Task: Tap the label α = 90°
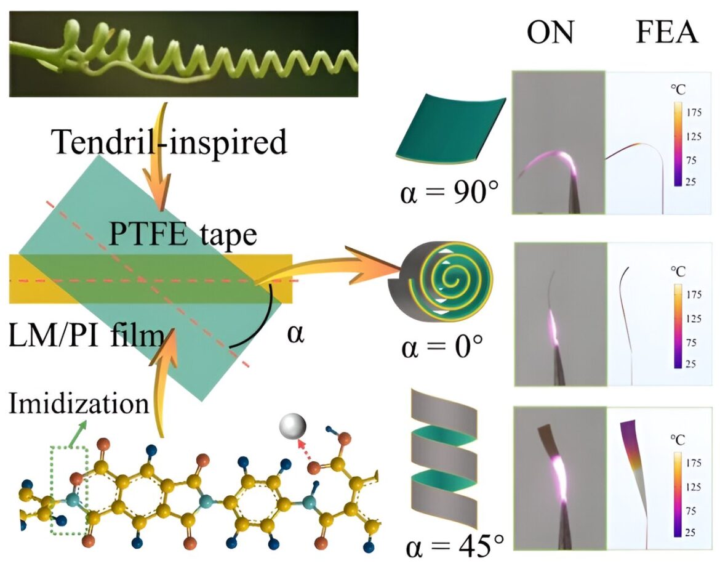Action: coord(449,192)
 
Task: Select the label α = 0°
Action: coord(442,347)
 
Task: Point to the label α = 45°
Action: coord(455,546)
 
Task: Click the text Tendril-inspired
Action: coord(169,142)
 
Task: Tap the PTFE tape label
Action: coord(182,235)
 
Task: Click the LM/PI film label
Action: coord(86,335)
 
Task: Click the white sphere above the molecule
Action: coord(293,426)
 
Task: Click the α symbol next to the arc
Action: coord(295,334)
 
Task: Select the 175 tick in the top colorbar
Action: coord(694,111)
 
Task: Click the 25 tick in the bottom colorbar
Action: coord(690,533)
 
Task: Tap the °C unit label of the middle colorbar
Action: coord(678,271)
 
